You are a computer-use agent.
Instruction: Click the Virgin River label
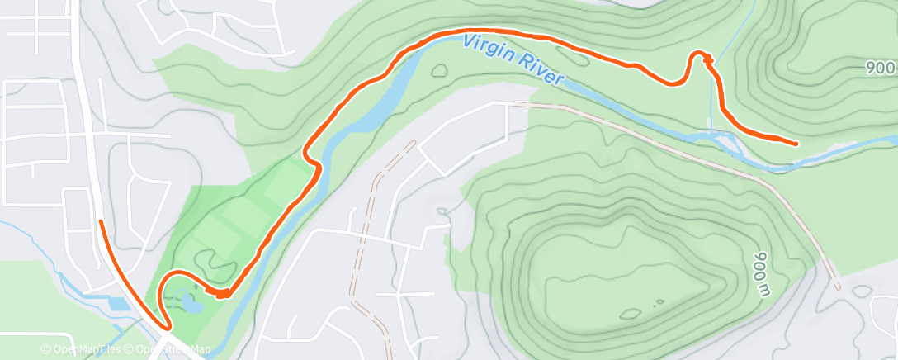click(513, 59)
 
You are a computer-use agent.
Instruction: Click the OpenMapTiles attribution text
click(83, 350)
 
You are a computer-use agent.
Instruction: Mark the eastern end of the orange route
click(796, 144)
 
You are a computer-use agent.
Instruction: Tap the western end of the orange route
click(101, 221)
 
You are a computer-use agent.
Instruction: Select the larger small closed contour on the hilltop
click(632, 313)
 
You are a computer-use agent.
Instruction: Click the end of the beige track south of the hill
click(837, 287)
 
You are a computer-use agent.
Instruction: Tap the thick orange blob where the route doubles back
click(221, 292)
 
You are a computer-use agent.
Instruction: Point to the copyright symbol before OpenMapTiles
click(46, 350)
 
